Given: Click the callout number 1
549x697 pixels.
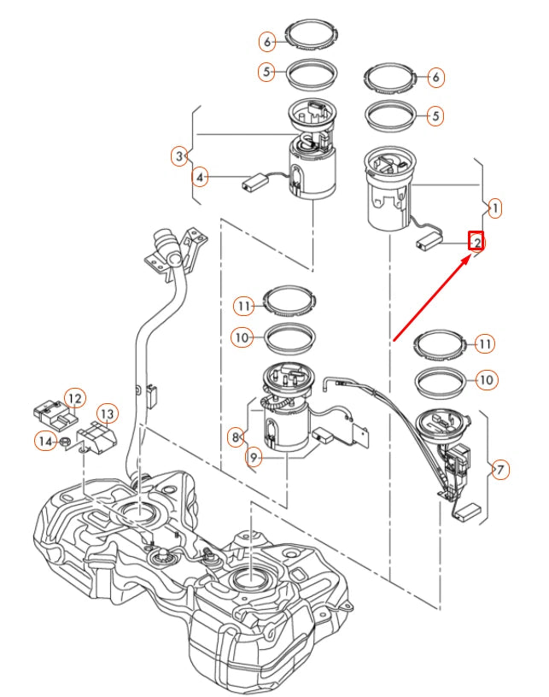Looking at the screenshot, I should coord(495,207).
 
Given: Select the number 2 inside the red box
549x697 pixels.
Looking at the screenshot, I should coord(476,242).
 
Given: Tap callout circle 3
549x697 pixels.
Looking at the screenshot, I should coord(178,156).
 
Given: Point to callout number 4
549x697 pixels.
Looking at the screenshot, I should coord(199,178).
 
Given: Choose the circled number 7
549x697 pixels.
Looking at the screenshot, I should coord(500,469).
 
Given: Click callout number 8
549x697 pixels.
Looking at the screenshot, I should coord(235,437).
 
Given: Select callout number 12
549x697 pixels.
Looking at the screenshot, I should coord(75,397).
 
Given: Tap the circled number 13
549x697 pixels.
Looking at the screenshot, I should coord(106,414).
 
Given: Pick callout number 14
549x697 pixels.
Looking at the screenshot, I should coord(44,441).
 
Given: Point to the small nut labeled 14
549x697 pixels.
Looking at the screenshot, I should coord(65,442).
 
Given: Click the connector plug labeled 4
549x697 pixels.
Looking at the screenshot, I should coord(254,180).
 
